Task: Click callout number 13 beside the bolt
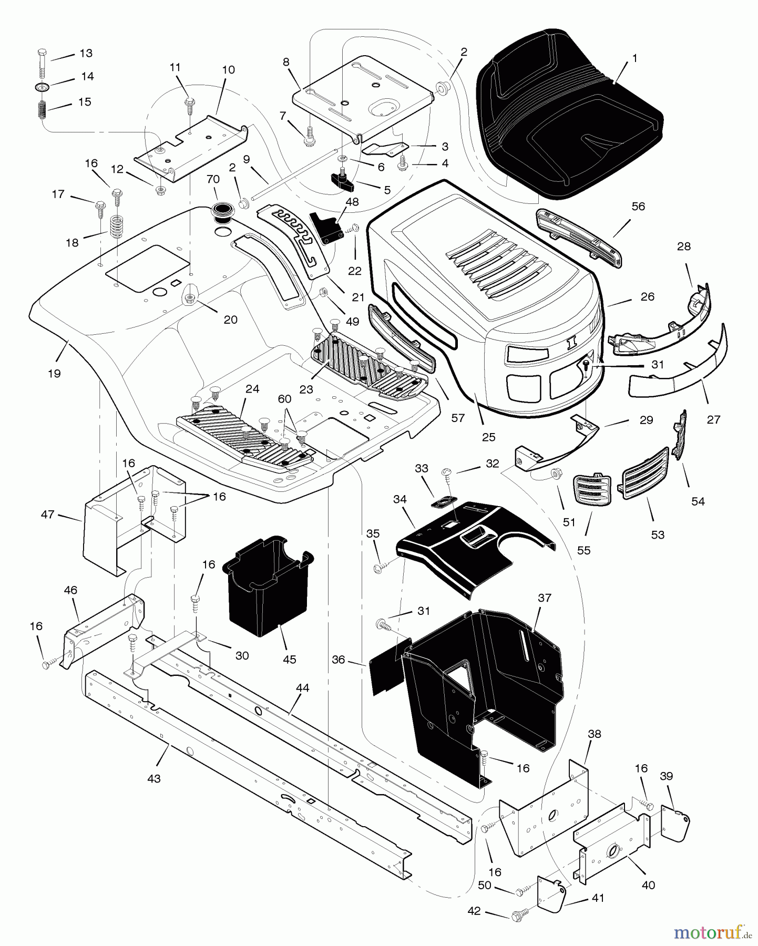(x=86, y=53)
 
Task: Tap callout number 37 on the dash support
(x=545, y=598)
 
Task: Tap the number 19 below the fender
(x=54, y=374)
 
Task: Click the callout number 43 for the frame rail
(x=154, y=779)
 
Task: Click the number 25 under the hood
(x=489, y=437)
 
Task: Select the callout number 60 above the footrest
(x=284, y=399)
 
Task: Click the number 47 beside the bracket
(x=47, y=515)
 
